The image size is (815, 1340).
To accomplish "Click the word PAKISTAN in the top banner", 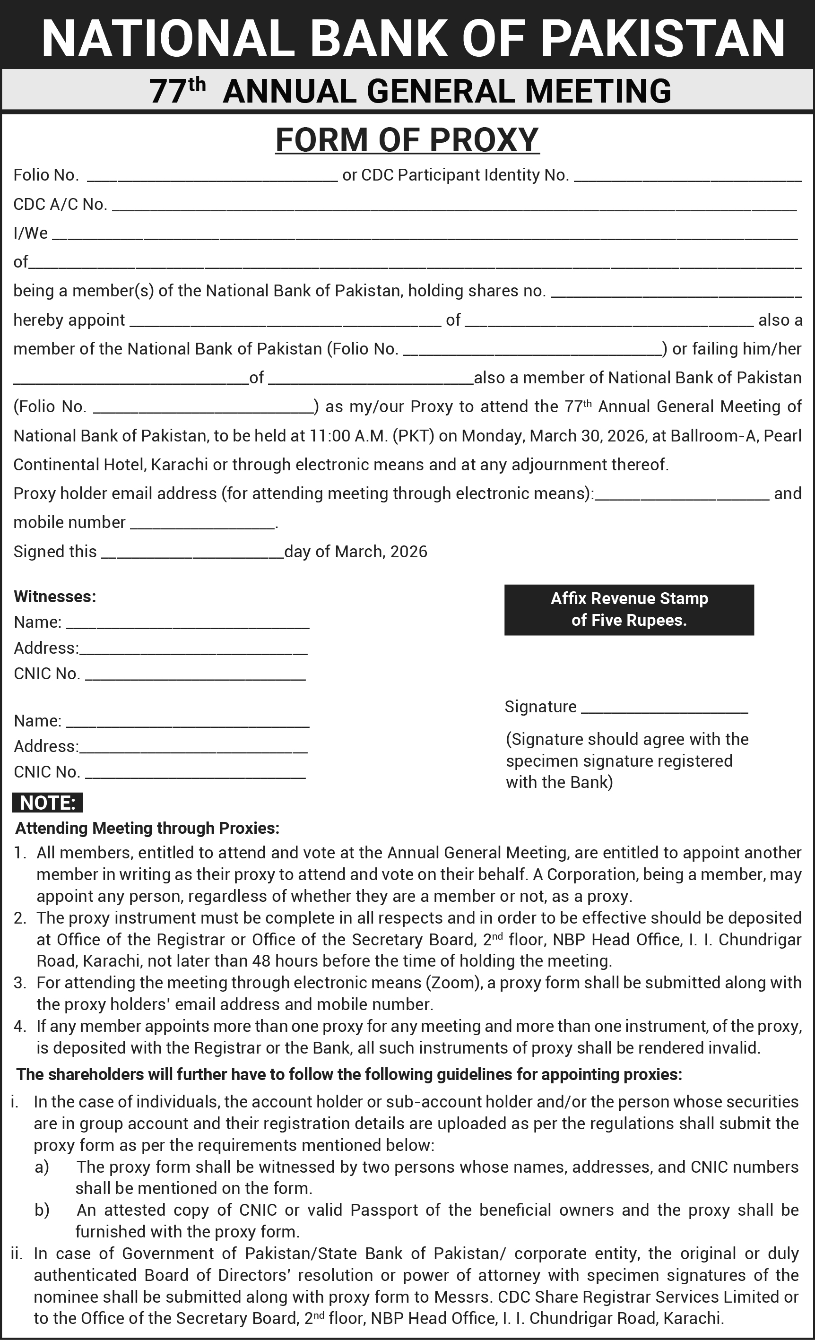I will coord(663,38).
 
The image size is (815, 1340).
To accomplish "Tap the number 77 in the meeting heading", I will coord(168,91).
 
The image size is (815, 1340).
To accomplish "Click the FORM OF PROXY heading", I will coord(407,140).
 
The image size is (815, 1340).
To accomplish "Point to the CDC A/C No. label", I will coord(60,205).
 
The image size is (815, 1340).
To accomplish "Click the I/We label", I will coord(30,233).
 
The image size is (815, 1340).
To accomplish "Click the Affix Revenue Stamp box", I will coord(629,610).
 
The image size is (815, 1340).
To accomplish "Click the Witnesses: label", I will coord(55,597).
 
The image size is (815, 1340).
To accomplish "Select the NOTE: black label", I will coord(47,803).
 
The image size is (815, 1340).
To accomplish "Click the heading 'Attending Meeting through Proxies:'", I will coord(147,828).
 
